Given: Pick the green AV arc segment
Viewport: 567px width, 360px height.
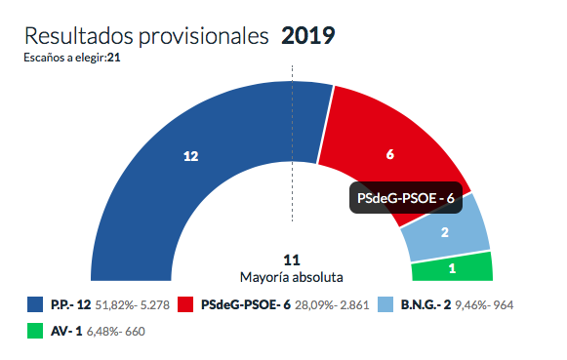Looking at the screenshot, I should (452, 266).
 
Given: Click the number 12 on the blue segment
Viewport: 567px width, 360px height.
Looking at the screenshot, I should (190, 156).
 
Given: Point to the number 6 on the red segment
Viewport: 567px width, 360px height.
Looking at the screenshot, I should (389, 154).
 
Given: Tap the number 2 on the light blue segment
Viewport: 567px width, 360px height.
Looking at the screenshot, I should (445, 232).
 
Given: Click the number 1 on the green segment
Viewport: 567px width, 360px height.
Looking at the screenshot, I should (451, 267).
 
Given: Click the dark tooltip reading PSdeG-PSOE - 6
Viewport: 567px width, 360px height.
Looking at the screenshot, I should (406, 198).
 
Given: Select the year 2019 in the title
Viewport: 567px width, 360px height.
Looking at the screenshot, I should (307, 37).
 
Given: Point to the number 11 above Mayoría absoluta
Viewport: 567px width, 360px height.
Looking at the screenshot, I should (291, 260).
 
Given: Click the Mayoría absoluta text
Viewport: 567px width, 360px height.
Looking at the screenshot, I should (291, 277).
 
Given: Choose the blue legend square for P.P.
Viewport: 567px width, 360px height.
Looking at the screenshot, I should (35, 305).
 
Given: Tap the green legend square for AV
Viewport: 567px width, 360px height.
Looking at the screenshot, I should (35, 331).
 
